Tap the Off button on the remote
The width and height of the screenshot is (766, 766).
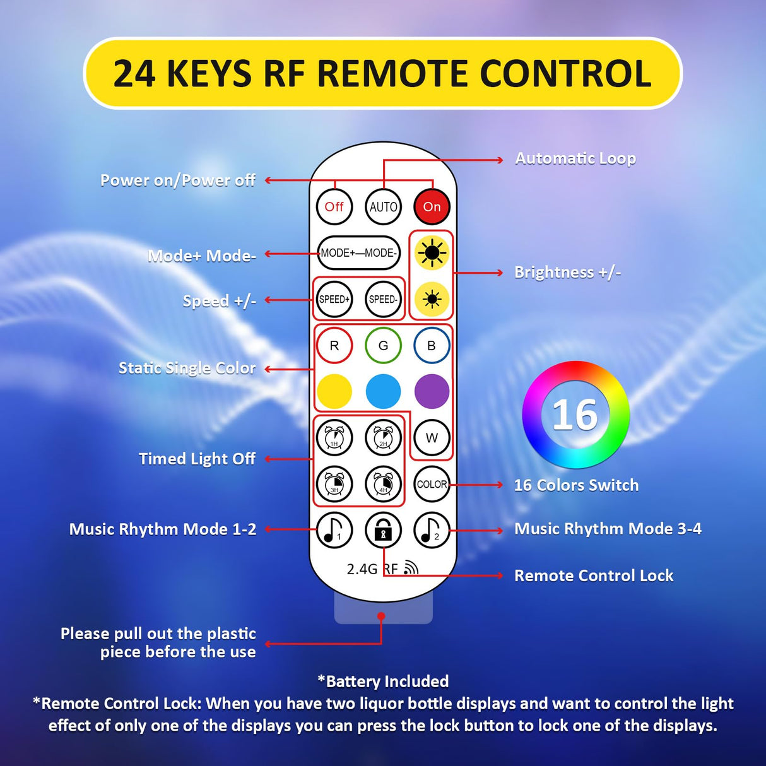(x=334, y=207)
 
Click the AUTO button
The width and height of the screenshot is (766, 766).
(x=383, y=207)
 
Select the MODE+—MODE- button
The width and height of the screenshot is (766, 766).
(x=358, y=253)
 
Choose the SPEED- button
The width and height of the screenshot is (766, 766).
(x=383, y=299)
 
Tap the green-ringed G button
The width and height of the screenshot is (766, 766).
(x=383, y=346)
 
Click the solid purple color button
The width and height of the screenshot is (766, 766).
(x=432, y=391)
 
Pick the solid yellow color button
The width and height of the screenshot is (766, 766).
(x=334, y=391)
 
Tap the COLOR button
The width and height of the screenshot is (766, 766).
(x=432, y=484)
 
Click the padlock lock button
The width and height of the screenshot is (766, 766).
(x=383, y=530)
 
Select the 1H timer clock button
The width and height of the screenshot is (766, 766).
(x=334, y=437)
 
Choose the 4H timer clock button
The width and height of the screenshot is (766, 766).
(x=383, y=484)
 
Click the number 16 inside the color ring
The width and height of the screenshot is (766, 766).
(x=575, y=415)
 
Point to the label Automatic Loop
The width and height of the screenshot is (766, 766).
(x=575, y=158)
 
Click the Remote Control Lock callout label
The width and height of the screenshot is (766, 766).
(x=594, y=575)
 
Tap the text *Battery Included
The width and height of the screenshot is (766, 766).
(x=383, y=681)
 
